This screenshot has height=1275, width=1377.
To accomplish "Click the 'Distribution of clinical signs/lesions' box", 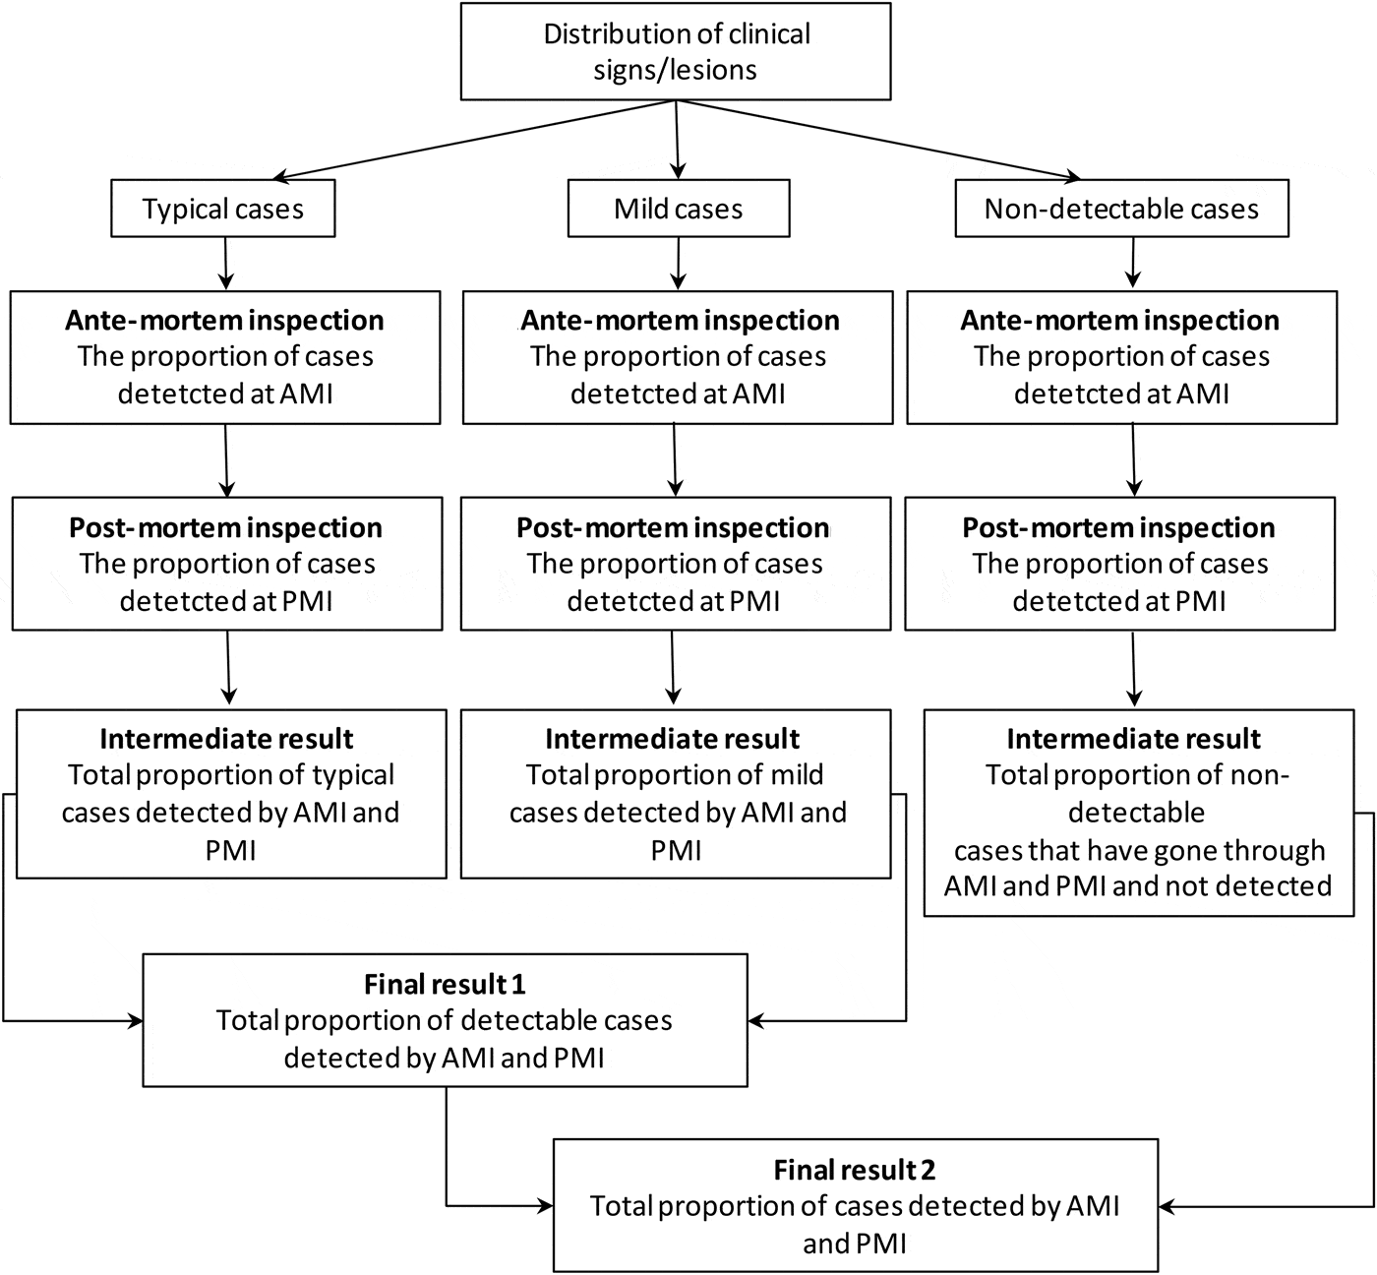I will tap(676, 51).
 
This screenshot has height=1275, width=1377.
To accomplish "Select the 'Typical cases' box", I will tap(223, 209).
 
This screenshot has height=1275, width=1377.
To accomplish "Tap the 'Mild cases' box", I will tap(678, 209).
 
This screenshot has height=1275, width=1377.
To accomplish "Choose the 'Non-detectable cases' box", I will tap(1121, 209).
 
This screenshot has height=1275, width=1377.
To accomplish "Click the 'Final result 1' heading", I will tap(445, 984).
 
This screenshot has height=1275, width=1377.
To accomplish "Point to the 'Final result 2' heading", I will tap(854, 1170).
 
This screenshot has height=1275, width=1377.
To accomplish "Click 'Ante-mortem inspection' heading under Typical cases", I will tap(224, 321).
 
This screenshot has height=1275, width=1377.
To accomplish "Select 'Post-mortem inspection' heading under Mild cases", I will tap(673, 528).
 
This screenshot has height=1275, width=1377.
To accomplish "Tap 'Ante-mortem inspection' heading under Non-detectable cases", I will tap(1120, 321).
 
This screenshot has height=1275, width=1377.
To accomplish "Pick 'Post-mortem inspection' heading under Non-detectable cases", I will tap(1118, 528).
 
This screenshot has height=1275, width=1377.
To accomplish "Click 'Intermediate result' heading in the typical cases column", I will tap(226, 739).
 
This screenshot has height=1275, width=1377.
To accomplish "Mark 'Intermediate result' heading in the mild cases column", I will tap(673, 739).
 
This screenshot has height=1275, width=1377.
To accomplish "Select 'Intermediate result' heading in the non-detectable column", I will tap(1133, 739).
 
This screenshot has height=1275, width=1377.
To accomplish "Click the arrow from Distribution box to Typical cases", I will tap(472, 140).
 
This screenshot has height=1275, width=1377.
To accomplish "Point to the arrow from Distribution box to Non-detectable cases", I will tap(875, 140).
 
